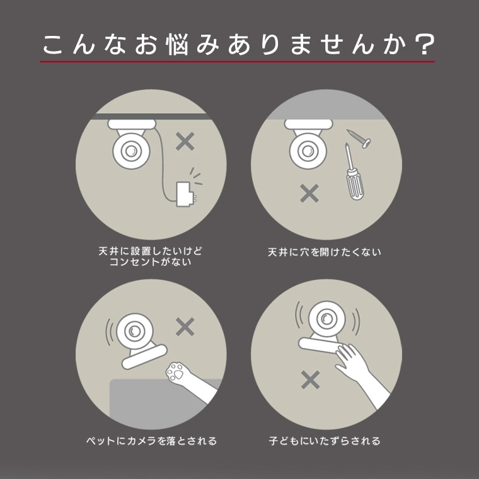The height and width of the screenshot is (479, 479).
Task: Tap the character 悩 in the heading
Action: [x=177, y=45]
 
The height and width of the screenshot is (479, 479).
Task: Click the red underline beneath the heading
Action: [x=238, y=62]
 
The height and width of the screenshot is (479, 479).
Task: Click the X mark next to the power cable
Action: [x=185, y=141]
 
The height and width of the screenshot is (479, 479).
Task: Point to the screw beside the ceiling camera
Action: [x=359, y=139]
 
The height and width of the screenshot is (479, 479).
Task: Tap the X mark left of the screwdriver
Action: [x=309, y=193]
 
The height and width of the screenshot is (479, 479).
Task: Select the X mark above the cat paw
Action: [x=185, y=326]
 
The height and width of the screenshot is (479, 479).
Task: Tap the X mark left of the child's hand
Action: [x=310, y=379]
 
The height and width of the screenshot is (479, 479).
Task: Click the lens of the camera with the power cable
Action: [x=130, y=151]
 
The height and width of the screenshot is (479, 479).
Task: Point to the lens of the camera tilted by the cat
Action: [x=134, y=331]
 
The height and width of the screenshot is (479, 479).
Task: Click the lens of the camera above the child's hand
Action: [x=326, y=319]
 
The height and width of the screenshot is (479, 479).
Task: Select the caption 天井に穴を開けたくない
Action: [x=325, y=252]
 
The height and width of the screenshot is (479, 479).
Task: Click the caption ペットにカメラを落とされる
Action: [x=151, y=441]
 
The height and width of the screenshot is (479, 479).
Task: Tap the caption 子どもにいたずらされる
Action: [x=325, y=441]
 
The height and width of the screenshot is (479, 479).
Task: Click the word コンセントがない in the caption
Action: [x=150, y=262]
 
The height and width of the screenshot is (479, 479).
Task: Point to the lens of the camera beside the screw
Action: [x=308, y=151]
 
